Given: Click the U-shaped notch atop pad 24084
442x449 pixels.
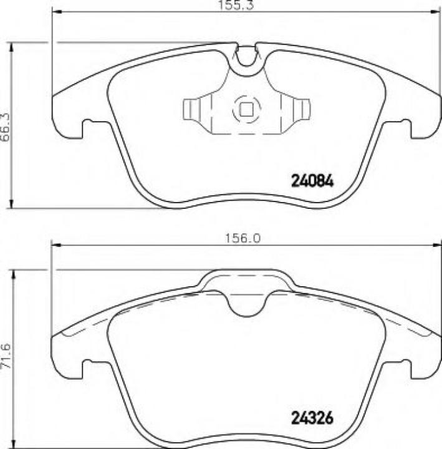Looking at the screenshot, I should click(x=247, y=60).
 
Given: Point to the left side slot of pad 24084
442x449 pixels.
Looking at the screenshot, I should click(x=88, y=127).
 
